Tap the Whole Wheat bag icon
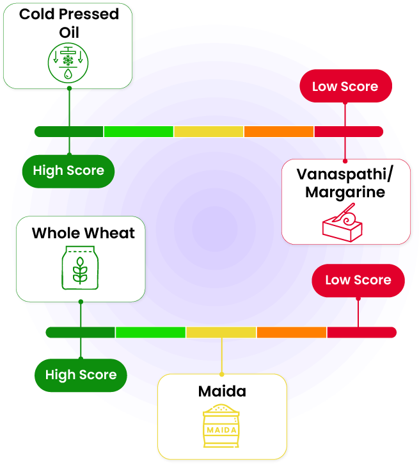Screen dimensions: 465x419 (80, 268)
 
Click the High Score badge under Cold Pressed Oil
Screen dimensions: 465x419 (68, 170)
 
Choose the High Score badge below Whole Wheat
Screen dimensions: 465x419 (81, 375)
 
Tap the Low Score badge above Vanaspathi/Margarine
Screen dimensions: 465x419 (345, 86)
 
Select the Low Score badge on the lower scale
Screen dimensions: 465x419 (358, 280)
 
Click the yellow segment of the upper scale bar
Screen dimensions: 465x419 (209, 131)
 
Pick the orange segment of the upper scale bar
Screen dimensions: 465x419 (279, 131)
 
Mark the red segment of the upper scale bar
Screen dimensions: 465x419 (349, 131)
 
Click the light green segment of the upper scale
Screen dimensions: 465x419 (139, 131)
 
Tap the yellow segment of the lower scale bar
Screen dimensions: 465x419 (221, 332)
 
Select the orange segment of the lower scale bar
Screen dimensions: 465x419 (292, 332)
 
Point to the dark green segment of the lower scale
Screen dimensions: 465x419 (81, 332)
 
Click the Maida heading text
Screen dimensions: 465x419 (221, 391)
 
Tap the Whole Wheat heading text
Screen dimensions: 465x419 (83, 232)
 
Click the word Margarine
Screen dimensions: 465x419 (345, 192)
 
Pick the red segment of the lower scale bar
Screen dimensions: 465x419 (361, 332)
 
